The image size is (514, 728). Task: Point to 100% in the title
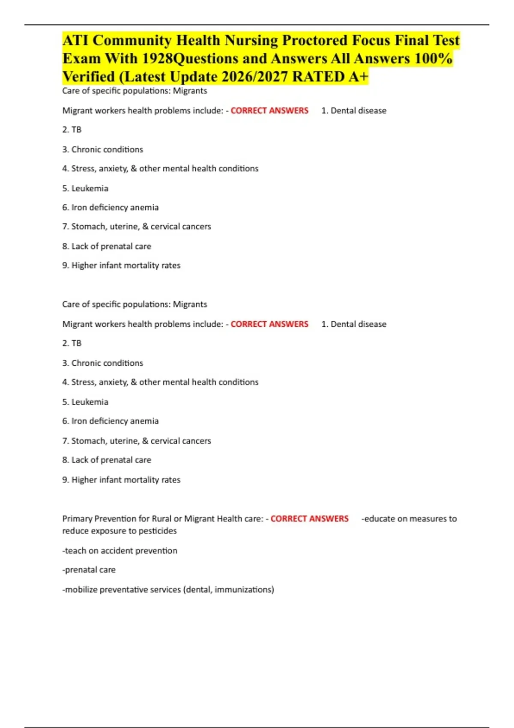pos(433,59)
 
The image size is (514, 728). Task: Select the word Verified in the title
pos(89,77)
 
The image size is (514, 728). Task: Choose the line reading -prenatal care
pos(89,570)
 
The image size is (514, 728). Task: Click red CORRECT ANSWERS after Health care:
pos(309,519)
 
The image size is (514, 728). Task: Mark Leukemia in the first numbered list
pos(90,188)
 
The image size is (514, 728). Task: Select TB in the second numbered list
pos(76,343)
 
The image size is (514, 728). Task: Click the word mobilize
pos(81,590)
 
